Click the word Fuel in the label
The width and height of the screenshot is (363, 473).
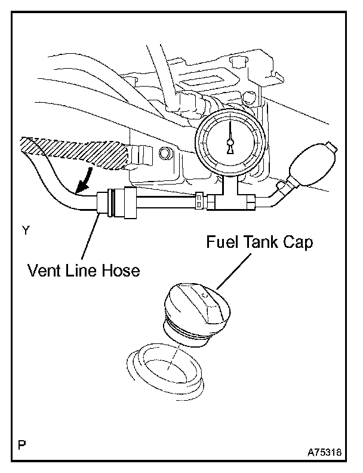[x=223, y=243]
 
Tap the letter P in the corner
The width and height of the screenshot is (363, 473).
[x=22, y=444]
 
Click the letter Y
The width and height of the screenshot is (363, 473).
[x=25, y=229]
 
